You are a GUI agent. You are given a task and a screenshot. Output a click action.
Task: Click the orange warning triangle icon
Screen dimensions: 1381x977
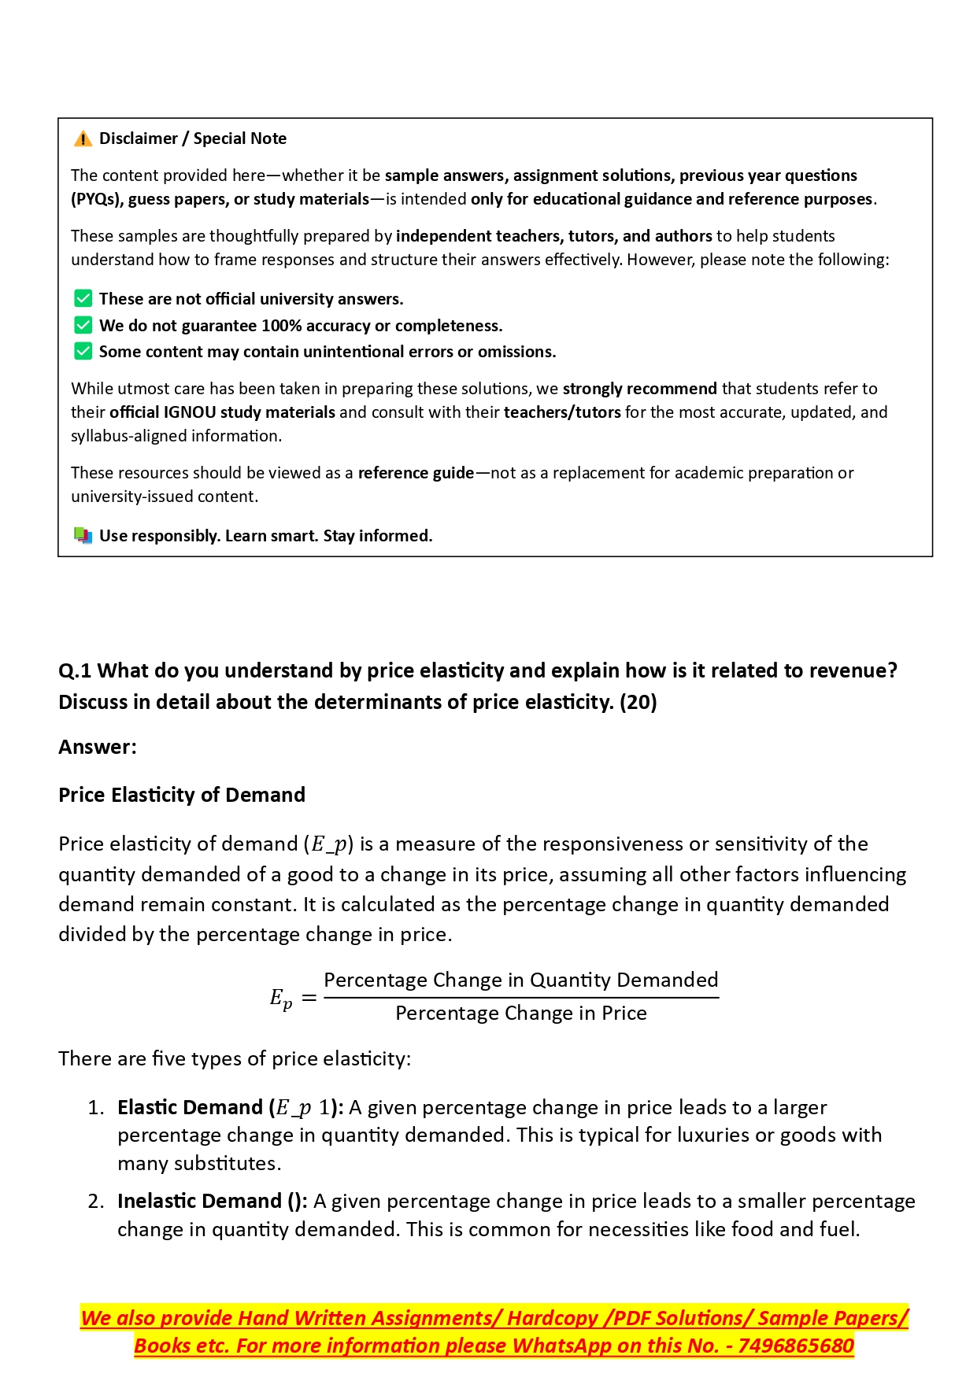click(83, 139)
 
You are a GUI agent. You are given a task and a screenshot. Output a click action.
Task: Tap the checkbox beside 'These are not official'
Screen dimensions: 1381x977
click(83, 299)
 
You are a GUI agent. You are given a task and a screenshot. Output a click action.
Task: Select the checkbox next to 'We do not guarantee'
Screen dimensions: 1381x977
click(83, 326)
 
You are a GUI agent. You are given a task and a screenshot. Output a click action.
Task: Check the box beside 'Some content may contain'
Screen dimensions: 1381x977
click(83, 352)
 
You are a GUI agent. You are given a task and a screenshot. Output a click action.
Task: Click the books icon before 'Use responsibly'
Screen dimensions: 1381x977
click(83, 536)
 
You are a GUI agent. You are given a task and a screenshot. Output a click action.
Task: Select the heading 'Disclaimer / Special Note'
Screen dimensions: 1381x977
click(193, 139)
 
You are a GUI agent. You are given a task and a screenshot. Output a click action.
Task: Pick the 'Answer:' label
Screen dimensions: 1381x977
click(98, 747)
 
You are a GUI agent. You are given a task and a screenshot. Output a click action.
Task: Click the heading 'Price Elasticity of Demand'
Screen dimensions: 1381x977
click(182, 795)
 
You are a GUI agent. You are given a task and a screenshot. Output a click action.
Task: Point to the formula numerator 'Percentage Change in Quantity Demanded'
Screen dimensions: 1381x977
click(521, 980)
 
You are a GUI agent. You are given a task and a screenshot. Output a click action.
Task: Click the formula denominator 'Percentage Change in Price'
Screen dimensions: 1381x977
click(521, 1014)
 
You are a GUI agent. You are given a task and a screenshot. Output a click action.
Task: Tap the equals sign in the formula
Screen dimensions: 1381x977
click(309, 999)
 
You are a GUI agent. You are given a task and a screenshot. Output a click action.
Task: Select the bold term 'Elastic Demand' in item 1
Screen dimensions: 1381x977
click(190, 1107)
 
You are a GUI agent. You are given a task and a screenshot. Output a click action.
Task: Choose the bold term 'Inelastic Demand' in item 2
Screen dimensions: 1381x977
click(199, 1202)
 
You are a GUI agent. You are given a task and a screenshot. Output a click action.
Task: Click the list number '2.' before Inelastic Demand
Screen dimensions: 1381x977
click(96, 1202)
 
